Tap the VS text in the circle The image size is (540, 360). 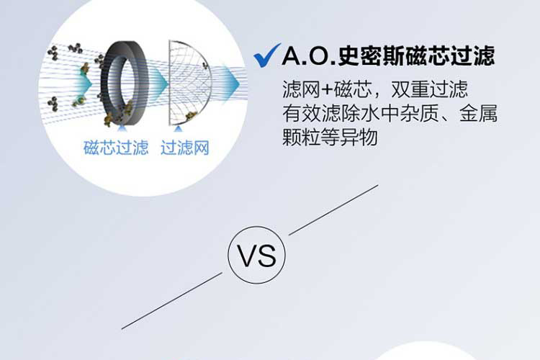click(257, 256)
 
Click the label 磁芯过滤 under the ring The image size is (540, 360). click(115, 149)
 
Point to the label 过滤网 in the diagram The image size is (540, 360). click(185, 149)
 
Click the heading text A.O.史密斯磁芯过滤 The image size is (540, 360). click(389, 55)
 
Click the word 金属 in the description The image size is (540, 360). click(482, 114)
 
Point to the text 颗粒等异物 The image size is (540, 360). click(330, 137)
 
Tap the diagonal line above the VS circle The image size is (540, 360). click(333, 209)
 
